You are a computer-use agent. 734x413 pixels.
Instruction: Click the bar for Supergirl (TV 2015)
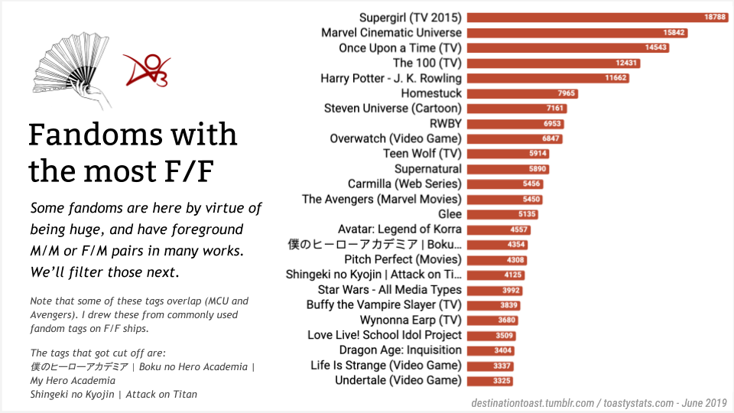tap(596, 18)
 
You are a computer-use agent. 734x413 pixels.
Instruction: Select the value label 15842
tap(675, 33)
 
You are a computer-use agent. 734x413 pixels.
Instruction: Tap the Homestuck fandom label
tap(431, 93)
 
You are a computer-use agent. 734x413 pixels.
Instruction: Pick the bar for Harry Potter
tap(547, 78)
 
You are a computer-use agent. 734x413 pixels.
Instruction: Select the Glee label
tap(450, 214)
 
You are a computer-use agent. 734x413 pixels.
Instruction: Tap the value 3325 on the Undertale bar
tap(502, 381)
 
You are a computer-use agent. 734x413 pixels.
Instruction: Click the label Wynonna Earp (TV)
tap(411, 320)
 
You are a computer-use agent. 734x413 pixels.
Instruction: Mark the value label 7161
tap(554, 109)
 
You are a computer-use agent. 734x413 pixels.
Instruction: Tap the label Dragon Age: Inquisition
tap(400, 350)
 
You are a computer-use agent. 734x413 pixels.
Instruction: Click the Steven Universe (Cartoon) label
tap(393, 109)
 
